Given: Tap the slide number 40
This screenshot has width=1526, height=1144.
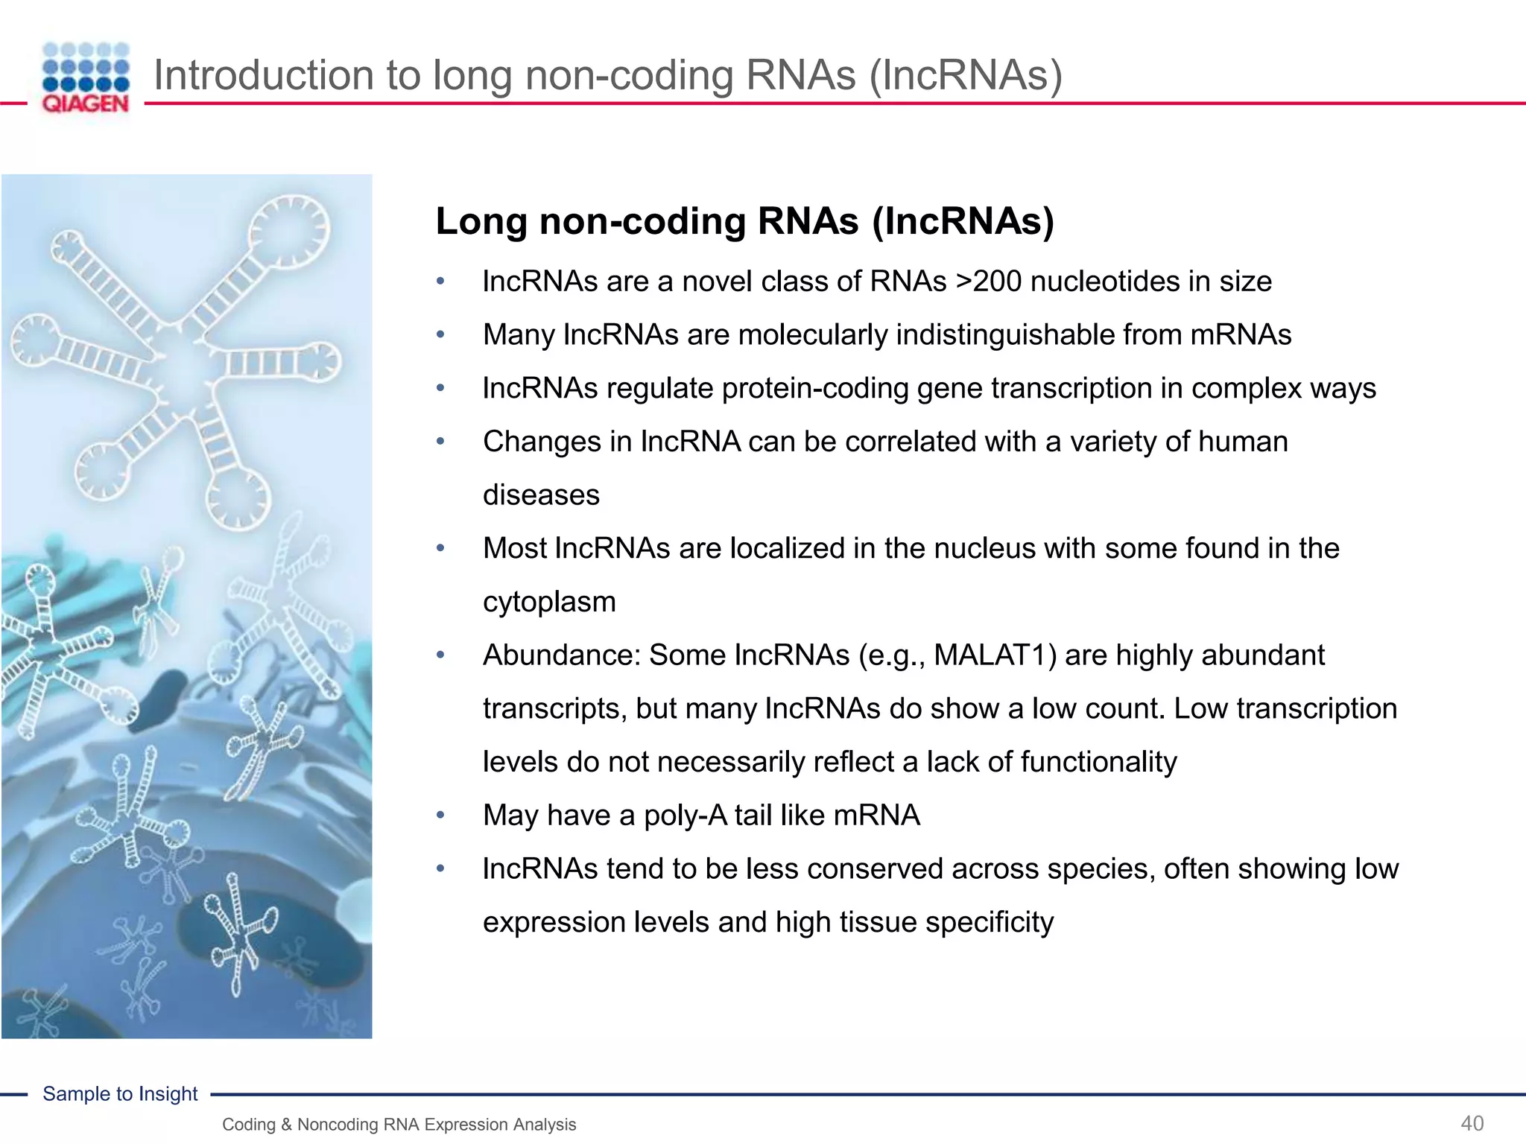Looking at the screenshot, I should [1472, 1123].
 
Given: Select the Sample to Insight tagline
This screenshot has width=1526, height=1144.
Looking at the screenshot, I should [120, 1093].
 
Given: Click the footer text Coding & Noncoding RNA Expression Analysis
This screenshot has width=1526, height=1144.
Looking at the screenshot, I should [399, 1125].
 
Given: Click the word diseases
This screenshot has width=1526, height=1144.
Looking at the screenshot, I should [541, 495].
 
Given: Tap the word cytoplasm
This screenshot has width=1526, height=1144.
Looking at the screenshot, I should [549, 602].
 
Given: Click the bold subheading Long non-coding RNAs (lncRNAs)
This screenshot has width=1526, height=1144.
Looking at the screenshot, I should [744, 221].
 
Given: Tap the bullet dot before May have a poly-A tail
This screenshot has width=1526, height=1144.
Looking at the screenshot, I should [440, 816].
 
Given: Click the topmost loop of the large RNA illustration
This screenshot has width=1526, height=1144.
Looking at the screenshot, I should [288, 232].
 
